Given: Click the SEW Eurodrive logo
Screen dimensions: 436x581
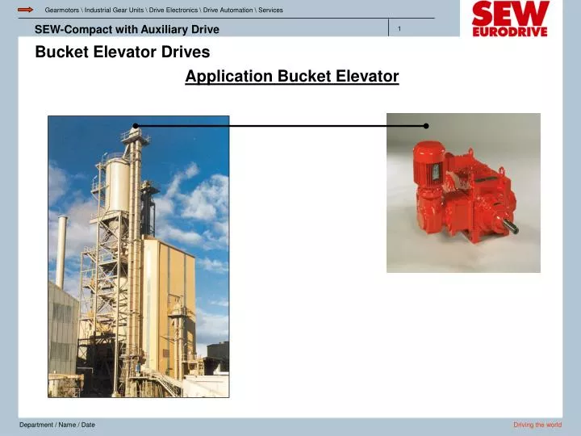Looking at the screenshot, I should [x=509, y=19].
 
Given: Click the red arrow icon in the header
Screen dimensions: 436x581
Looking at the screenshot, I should [x=25, y=10].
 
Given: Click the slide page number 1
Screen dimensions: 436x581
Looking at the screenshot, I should [x=399, y=29].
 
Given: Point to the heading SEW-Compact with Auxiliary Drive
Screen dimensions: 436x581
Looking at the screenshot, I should [x=127, y=30].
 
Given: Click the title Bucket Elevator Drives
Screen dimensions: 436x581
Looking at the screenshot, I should [x=122, y=52].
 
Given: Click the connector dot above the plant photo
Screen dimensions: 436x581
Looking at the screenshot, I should [x=136, y=126].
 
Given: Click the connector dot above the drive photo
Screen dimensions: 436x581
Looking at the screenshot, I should [x=426, y=126].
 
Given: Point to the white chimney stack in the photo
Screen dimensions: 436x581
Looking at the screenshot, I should [x=61, y=250].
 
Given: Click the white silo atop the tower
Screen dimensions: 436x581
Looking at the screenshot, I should [x=118, y=182].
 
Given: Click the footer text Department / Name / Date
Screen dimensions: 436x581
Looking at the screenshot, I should [x=57, y=425].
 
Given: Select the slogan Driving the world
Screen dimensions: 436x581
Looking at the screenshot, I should [x=537, y=425].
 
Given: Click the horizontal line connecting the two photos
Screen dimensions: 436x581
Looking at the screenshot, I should [x=282, y=126].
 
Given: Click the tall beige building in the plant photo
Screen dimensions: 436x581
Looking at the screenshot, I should [x=169, y=299].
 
